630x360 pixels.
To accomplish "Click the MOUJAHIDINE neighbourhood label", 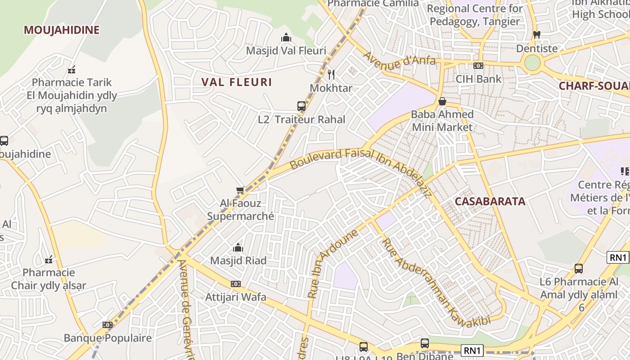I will (x=61, y=30).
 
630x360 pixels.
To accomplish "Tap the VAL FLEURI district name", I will (x=236, y=82).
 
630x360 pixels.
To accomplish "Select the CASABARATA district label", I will (x=490, y=201).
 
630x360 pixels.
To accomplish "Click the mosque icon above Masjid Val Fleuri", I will (x=286, y=38).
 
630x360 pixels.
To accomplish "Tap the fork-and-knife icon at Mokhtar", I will (x=331, y=74).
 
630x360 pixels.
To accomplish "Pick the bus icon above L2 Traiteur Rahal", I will (x=301, y=106).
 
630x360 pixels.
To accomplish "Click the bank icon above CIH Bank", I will (x=478, y=66).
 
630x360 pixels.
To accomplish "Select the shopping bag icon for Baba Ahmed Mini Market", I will (x=442, y=101).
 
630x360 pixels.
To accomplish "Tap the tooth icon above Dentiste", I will (x=536, y=35).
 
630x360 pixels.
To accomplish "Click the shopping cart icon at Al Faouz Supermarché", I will (x=240, y=190).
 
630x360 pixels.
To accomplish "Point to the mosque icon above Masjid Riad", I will (x=238, y=247).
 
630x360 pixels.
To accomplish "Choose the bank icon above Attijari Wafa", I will (x=235, y=284).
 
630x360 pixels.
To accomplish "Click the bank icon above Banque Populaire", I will (x=107, y=325).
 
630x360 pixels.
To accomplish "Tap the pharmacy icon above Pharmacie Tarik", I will (x=72, y=69).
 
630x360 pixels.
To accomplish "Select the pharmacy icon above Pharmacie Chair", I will (x=49, y=260).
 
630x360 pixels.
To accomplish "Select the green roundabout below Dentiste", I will (x=532, y=63).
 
